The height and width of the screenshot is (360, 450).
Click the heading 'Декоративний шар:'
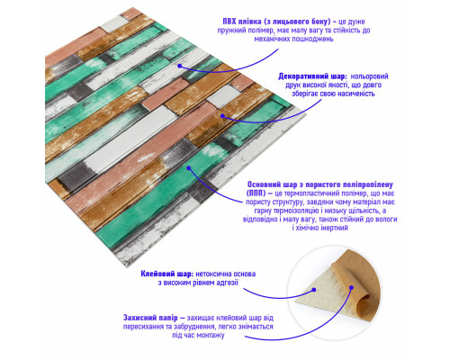pos(312,76)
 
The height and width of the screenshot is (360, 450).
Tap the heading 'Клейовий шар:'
pos(166,274)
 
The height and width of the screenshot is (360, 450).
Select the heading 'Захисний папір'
pos(150,318)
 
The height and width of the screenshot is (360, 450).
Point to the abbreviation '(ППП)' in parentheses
pos(256,193)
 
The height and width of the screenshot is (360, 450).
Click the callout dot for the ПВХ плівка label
pos(179,66)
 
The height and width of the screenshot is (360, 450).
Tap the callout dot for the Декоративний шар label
pos(222,115)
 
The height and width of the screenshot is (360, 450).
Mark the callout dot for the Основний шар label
pos(189,168)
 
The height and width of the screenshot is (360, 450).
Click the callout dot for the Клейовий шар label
pos(314,290)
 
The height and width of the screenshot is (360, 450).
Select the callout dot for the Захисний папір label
pos(351,288)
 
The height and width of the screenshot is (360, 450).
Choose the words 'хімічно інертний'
pos(322,228)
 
